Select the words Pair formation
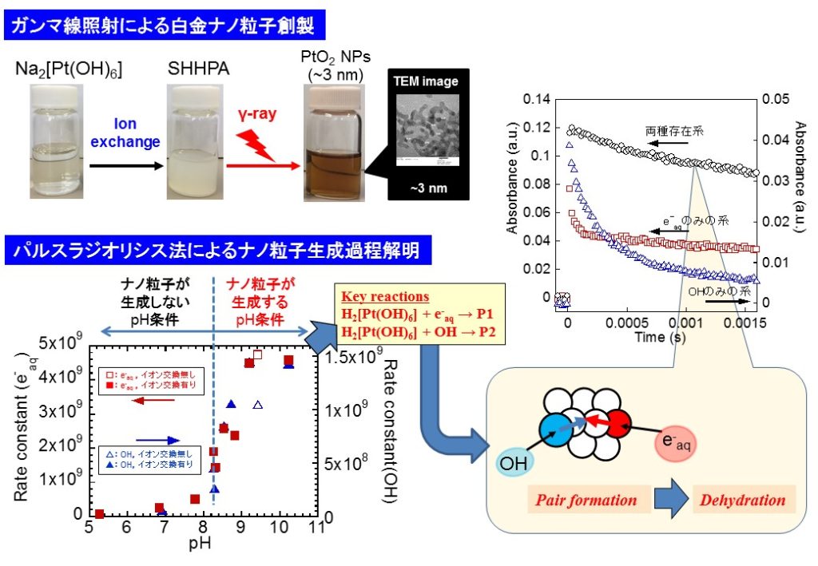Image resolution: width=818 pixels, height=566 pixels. click(x=586, y=501)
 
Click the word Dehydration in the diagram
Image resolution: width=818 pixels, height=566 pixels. click(x=744, y=501)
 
